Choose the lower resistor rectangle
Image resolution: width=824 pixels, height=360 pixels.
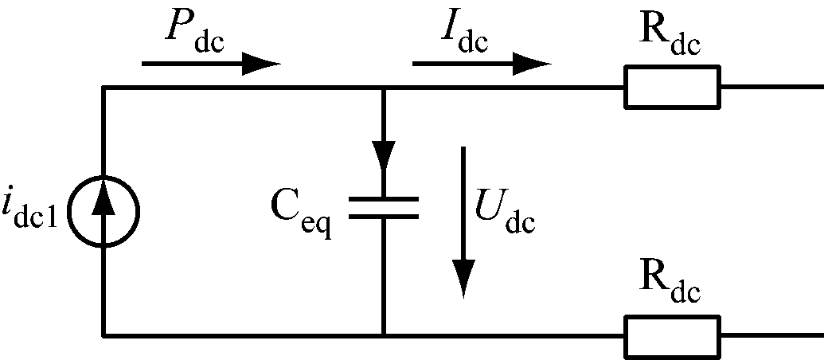coord(672,335)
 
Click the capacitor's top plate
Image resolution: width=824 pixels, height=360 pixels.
coord(383,198)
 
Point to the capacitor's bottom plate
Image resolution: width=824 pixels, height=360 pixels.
coord(383,216)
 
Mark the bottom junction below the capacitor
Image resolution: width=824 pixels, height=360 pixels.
coord(383,335)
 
